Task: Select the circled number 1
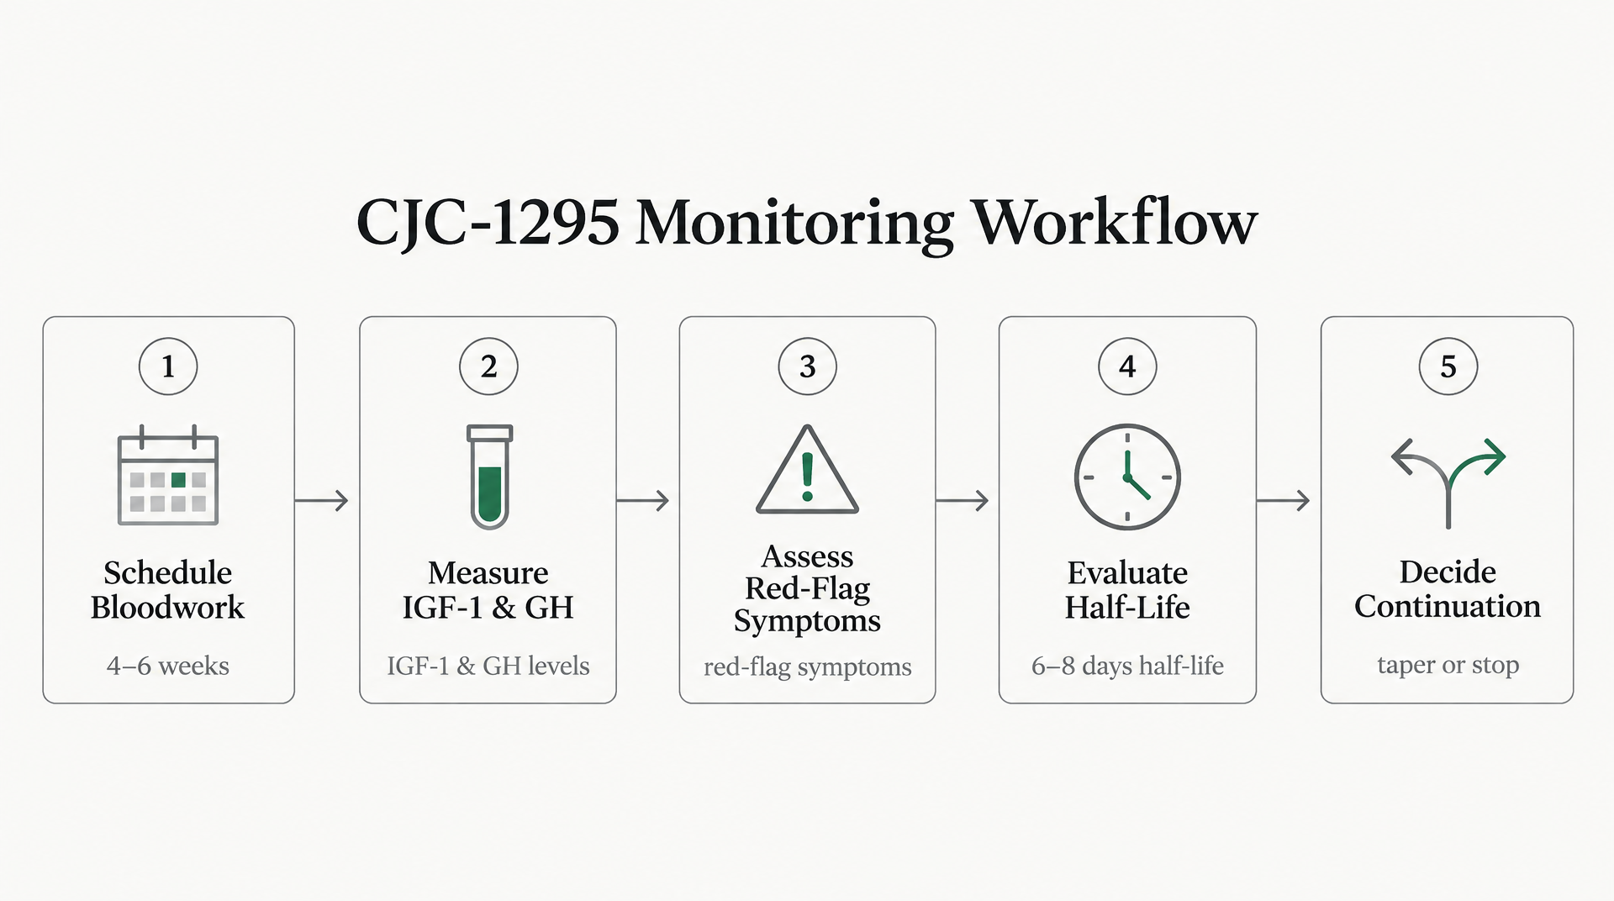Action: (x=168, y=366)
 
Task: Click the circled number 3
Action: (x=808, y=366)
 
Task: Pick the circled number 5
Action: (x=1448, y=366)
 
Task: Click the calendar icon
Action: (x=168, y=475)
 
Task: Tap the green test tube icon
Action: (x=489, y=477)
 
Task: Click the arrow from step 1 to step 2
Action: (x=321, y=501)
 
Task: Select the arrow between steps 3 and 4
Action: (x=963, y=501)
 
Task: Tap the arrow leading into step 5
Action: (x=1283, y=501)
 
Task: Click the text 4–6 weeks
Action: (x=168, y=666)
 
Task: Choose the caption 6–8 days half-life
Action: (x=1127, y=666)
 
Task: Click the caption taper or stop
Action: (x=1448, y=665)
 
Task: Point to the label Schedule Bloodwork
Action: (x=168, y=589)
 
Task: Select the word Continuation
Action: (x=1448, y=606)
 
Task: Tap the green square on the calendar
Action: (x=178, y=480)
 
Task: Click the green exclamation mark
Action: (x=808, y=477)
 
